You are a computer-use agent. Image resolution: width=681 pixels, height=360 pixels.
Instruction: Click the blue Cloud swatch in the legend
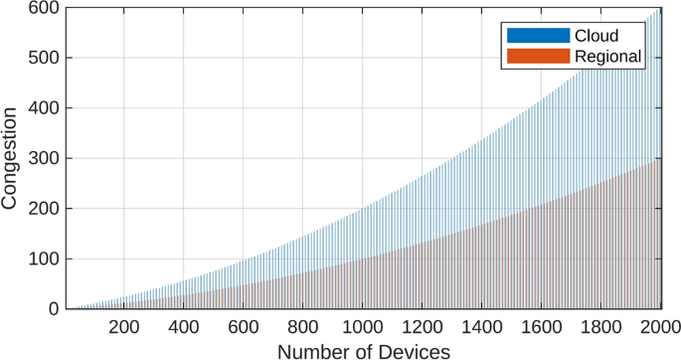[538, 36]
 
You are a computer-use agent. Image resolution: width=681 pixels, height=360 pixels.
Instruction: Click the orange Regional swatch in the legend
[538, 58]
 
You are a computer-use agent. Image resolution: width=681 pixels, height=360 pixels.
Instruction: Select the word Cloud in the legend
[596, 36]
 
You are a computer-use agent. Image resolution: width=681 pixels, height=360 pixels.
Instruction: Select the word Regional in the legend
[608, 58]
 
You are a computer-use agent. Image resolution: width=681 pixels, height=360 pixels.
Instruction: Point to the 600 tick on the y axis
[44, 8]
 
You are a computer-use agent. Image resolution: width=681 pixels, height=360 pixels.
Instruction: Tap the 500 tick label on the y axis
[44, 58]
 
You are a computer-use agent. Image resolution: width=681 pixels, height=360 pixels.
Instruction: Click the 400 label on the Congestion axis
[44, 108]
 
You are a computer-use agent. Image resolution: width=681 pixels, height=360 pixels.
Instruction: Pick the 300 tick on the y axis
[44, 158]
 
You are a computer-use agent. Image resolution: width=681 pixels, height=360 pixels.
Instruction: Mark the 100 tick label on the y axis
[44, 259]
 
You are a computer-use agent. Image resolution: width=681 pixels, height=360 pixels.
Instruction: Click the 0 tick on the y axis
[54, 309]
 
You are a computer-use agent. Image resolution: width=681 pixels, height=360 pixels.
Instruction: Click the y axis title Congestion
[11, 159]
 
